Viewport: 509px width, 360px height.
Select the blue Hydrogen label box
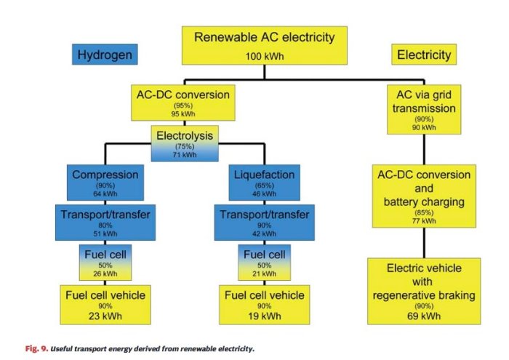point(105,54)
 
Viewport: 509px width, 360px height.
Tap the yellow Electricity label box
point(424,55)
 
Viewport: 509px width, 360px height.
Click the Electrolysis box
point(185,143)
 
